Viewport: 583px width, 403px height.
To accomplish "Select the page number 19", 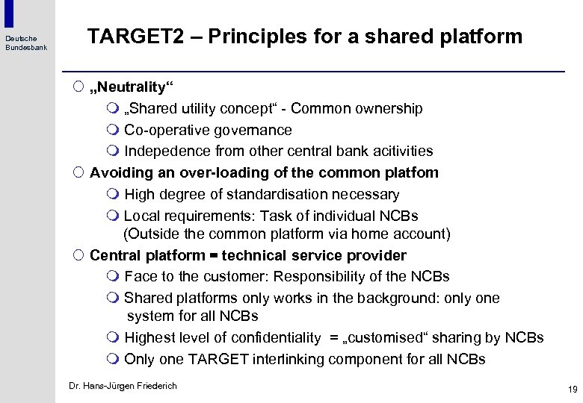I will [573, 389].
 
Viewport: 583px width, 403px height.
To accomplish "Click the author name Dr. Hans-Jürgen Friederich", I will [123, 386].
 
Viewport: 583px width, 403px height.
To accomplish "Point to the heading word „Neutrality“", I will [127, 87].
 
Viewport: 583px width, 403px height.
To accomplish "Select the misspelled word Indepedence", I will [166, 151].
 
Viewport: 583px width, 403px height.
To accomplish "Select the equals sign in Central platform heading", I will [212, 256].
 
